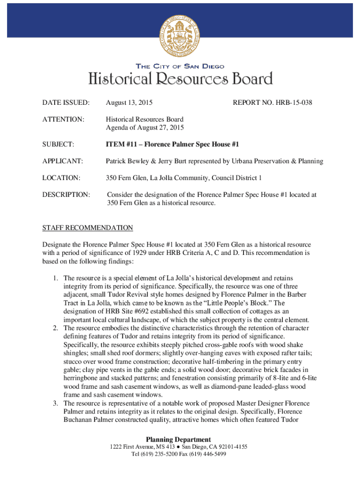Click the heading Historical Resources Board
pos(180,79)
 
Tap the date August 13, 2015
pos(129,102)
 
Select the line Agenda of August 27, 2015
pos(145,128)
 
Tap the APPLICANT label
pos(62,161)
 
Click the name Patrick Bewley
pos(128,161)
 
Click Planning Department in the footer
pos(178,439)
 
